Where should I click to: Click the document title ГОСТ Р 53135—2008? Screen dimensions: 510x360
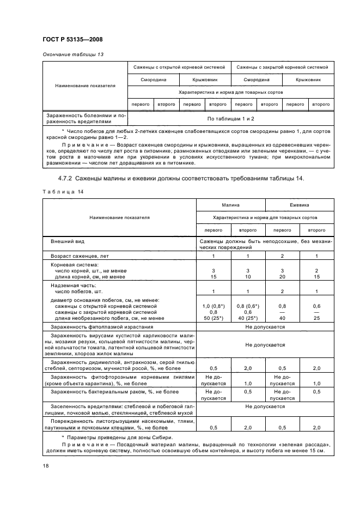pos(72,39)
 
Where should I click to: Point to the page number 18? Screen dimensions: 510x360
pos(45,465)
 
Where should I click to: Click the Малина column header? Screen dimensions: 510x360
pos(230,206)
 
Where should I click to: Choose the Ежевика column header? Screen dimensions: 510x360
pos(299,206)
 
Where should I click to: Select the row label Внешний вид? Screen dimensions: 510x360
pos(68,240)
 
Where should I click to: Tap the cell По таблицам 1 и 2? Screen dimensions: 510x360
pos(230,118)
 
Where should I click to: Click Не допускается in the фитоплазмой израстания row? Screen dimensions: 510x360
pos(265,326)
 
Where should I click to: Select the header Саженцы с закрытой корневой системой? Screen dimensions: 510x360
pos(282,68)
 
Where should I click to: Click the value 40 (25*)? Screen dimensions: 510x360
pos(248,318)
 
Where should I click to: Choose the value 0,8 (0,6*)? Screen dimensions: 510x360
pos(248,307)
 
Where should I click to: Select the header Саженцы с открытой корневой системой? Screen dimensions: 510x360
pos(179,68)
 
